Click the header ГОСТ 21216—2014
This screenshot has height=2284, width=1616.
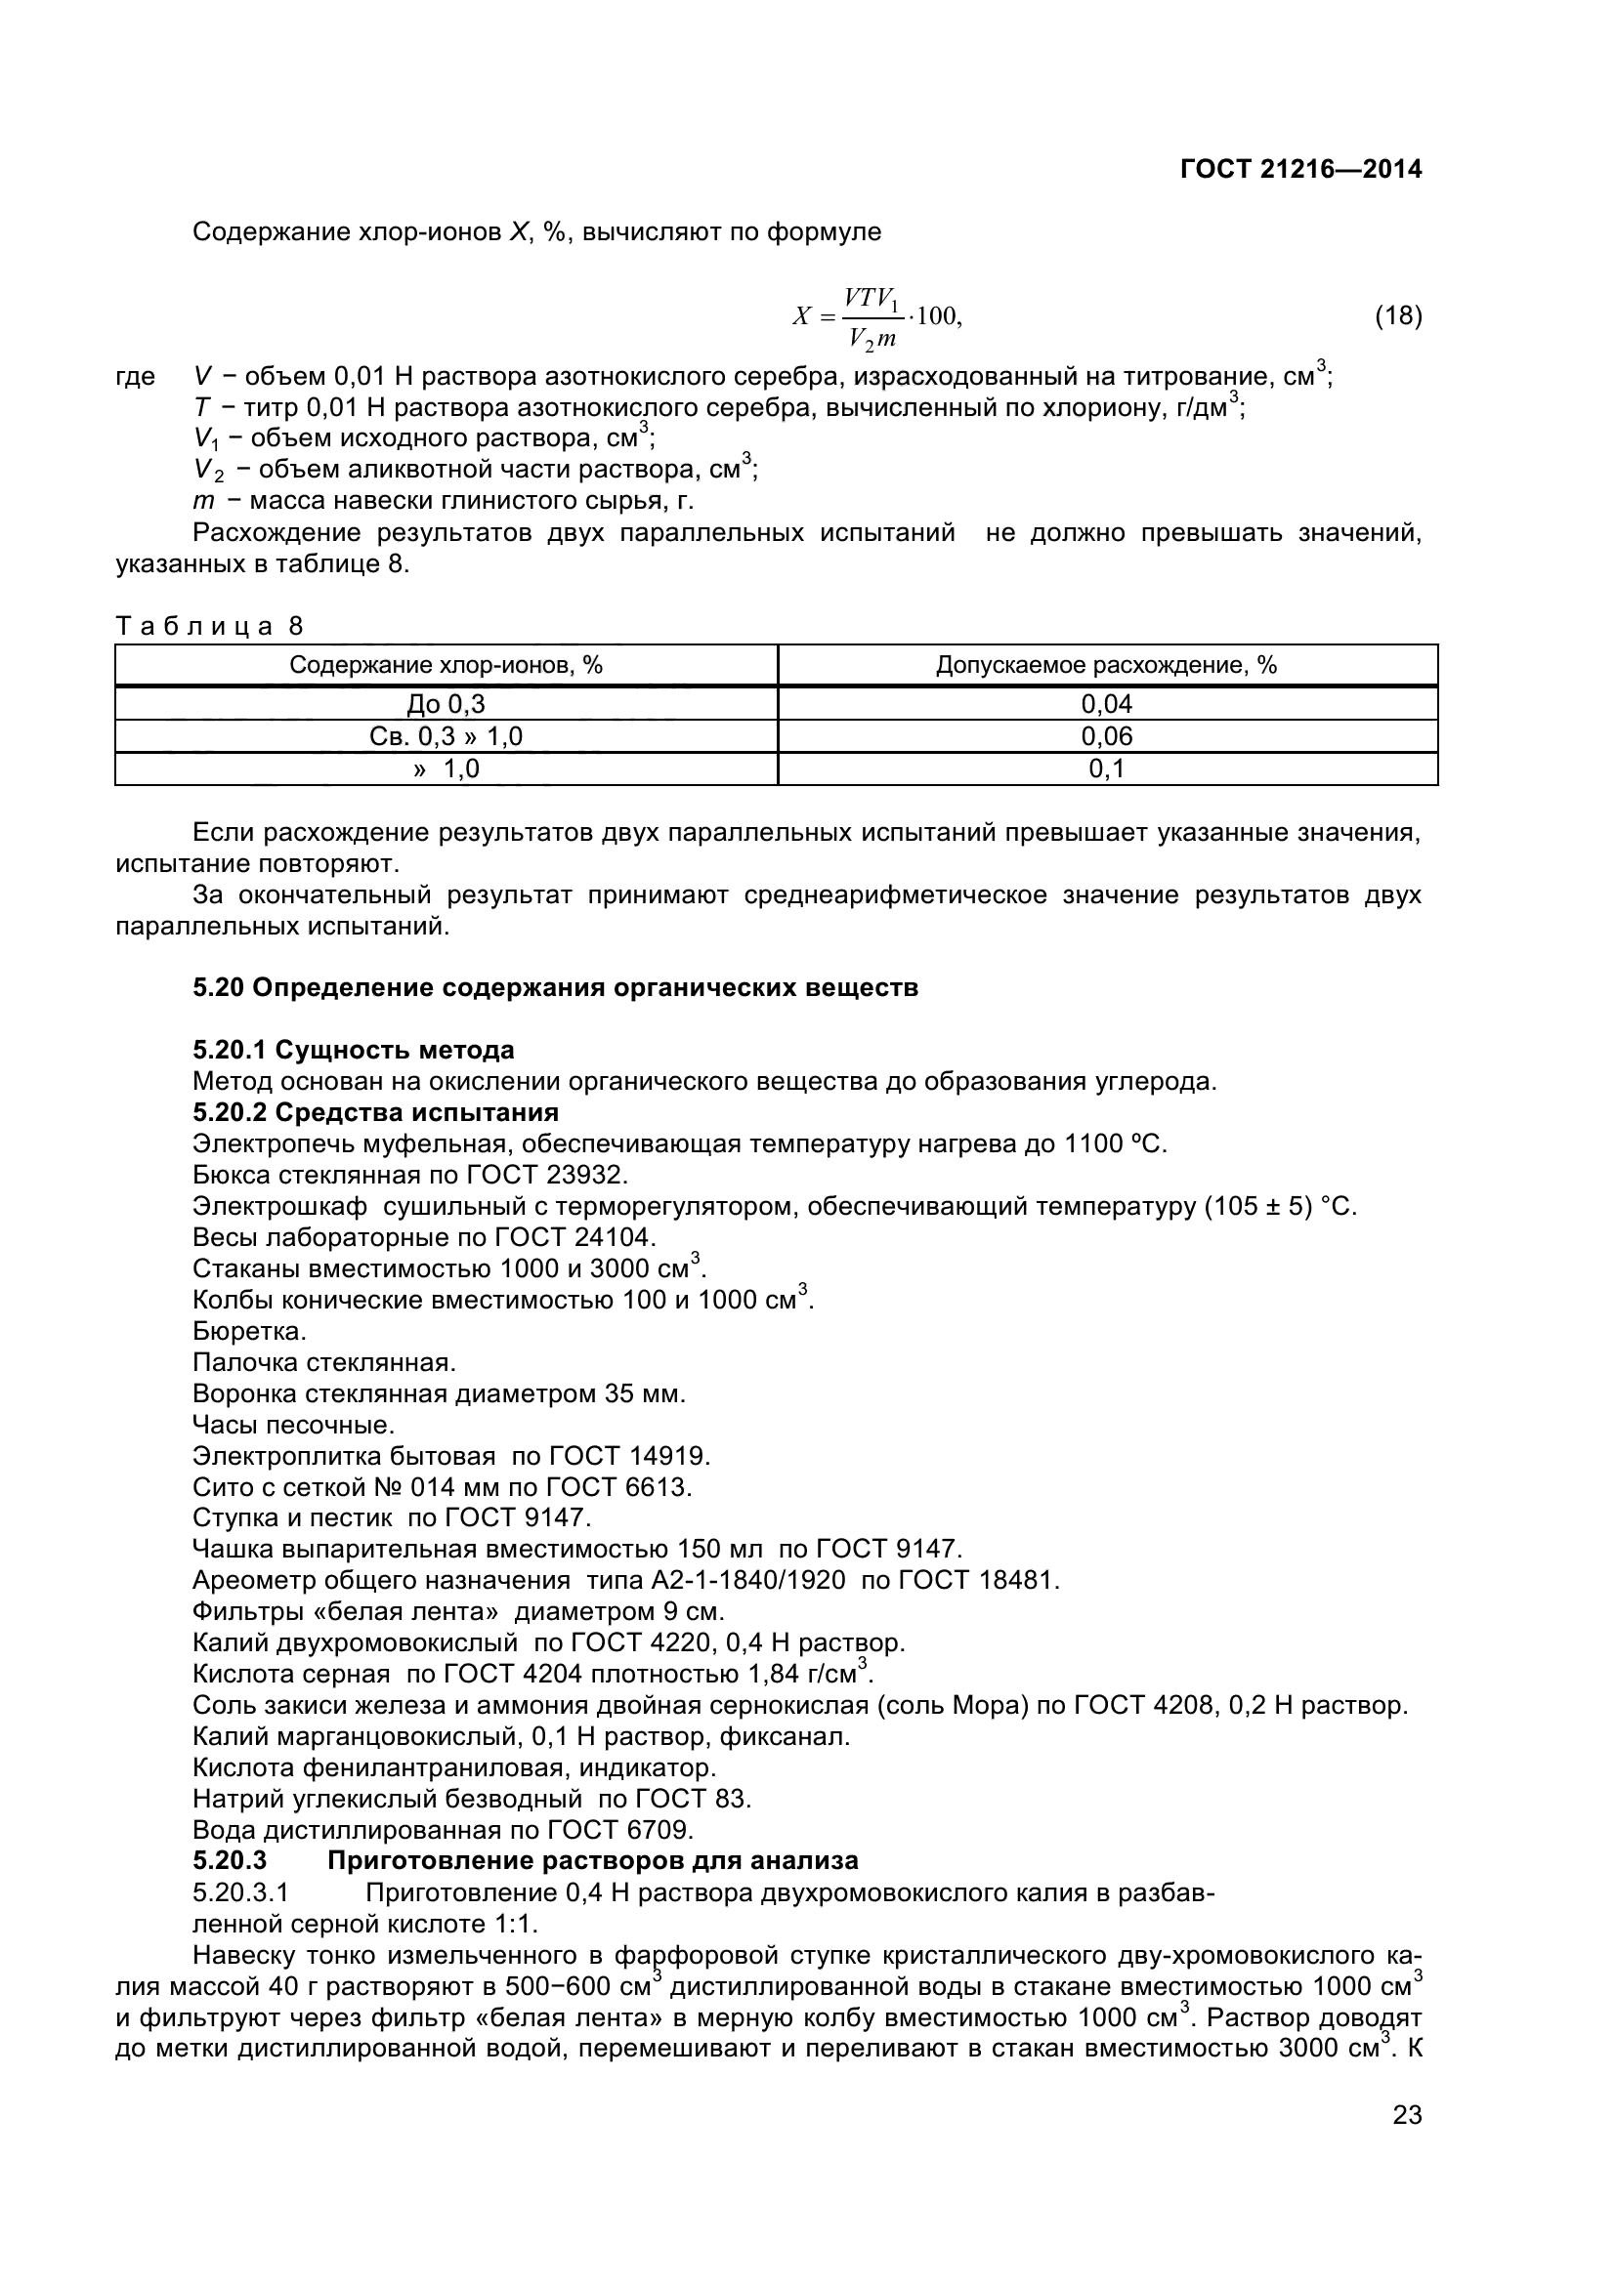tap(1300, 169)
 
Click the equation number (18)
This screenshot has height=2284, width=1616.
tap(1398, 316)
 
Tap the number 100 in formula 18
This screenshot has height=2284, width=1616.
tap(936, 316)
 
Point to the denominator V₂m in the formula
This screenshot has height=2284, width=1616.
tap(872, 338)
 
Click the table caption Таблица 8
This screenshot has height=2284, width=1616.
tap(210, 626)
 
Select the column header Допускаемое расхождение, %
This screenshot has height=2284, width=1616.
tap(1106, 666)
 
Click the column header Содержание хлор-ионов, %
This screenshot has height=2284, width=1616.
tap(446, 666)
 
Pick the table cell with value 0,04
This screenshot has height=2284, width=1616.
tap(1107, 704)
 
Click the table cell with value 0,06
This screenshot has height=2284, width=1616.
tap(1107, 736)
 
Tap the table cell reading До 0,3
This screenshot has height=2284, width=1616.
tap(446, 704)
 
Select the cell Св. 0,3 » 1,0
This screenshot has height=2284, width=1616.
tap(446, 736)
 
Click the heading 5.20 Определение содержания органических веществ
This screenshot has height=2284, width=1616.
tap(555, 988)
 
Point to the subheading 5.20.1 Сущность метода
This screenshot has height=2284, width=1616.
tap(354, 1050)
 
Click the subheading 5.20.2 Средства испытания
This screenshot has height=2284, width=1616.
tap(375, 1112)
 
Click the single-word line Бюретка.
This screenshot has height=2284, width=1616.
tap(249, 1331)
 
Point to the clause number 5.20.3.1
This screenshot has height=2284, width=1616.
tap(239, 1893)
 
